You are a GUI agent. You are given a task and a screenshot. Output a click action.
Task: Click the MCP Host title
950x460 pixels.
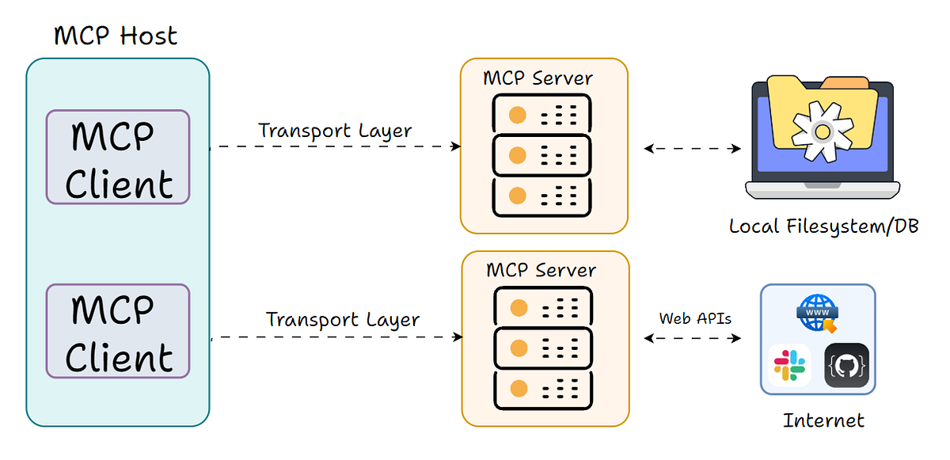pos(116,36)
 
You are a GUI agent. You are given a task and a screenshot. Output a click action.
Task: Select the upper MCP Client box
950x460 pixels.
pos(118,158)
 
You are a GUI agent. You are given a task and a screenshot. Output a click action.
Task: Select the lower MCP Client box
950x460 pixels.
pos(118,331)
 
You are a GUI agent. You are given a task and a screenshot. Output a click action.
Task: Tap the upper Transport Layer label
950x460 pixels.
pos(335,131)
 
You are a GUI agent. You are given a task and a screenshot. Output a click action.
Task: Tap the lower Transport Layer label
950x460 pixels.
pos(343,320)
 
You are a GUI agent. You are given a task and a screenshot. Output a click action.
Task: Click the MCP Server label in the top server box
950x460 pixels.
pos(538,78)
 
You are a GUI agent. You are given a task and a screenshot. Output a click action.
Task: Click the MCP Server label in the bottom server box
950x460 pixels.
pos(541,270)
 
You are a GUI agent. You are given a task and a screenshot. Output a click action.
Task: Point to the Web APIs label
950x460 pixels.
pos(695,318)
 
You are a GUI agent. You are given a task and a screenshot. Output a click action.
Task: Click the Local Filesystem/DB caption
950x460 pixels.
pos(823,227)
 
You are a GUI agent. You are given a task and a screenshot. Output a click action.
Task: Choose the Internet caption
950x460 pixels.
pos(823,420)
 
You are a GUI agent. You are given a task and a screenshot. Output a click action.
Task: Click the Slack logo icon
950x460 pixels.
pos(788,366)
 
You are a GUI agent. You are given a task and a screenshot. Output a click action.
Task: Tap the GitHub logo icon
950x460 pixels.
pos(846,366)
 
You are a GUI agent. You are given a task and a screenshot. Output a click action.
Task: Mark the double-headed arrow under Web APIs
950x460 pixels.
pos(693,338)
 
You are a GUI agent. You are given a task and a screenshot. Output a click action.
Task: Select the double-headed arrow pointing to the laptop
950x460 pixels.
pos(693,148)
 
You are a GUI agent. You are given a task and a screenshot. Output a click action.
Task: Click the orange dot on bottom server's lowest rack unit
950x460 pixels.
pos(519,388)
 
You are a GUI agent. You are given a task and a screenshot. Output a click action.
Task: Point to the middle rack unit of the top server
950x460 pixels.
pos(542,155)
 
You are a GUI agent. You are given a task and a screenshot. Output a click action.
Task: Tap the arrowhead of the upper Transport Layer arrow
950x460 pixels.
pos(456,146)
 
